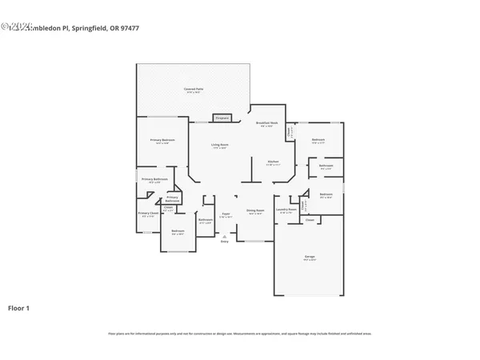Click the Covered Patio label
(x=192, y=88)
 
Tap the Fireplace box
(x=222, y=118)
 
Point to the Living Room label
(x=218, y=145)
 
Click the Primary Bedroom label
(x=162, y=140)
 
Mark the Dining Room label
(x=255, y=211)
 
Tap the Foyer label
(x=226, y=214)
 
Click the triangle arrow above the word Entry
(x=225, y=236)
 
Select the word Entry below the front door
(x=225, y=242)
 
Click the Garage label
(x=309, y=256)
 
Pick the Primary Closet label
(x=147, y=214)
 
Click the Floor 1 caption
(x=20, y=307)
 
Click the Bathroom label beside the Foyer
(x=205, y=220)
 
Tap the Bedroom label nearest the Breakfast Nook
(x=318, y=139)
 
